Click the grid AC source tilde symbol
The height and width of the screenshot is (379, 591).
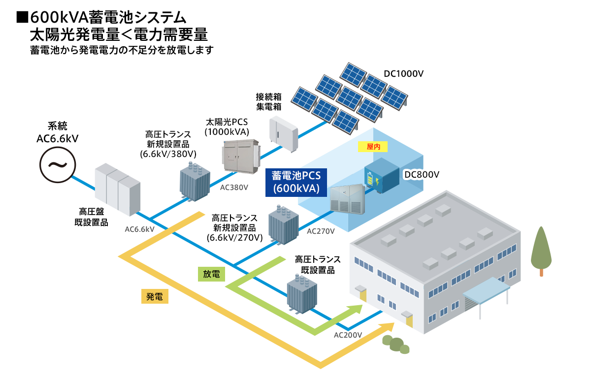tap(58, 165)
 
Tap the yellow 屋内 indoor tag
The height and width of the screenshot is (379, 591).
tap(372, 147)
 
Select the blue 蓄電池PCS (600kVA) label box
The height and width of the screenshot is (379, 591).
tap(296, 183)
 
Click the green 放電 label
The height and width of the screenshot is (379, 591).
tap(211, 274)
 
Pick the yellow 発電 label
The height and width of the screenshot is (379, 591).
tap(155, 296)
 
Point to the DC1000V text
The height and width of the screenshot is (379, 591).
tap(403, 73)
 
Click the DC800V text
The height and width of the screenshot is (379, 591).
tap(422, 174)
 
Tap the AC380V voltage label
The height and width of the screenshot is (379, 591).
tap(234, 187)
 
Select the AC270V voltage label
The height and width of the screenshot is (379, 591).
tap(321, 231)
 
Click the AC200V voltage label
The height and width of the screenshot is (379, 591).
tap(348, 335)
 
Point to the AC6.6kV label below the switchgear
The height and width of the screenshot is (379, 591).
tap(139, 229)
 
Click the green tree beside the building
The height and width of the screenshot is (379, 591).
tap(541, 251)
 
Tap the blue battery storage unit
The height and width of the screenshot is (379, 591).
tap(382, 175)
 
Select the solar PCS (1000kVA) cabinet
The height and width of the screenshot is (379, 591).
tap(241, 157)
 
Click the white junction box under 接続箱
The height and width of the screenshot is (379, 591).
tap(284, 134)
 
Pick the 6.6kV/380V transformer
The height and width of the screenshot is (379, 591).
tap(195, 182)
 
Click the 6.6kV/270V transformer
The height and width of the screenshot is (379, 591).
tap(283, 225)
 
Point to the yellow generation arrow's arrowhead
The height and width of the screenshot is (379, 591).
tap(386, 327)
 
